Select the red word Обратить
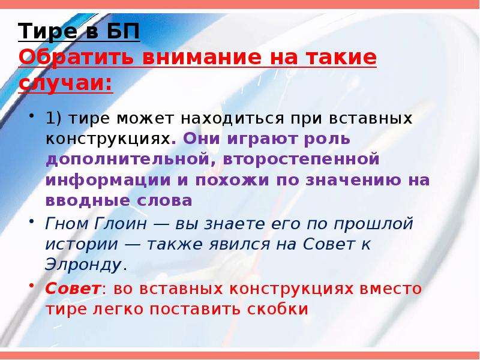(76, 57)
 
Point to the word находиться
(232, 119)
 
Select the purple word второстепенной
(301, 160)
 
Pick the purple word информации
(108, 181)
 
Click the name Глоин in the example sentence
(121, 223)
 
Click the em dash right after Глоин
(161, 224)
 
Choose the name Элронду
(83, 265)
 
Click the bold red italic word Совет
(73, 289)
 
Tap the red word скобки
(278, 309)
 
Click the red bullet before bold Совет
(31, 285)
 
